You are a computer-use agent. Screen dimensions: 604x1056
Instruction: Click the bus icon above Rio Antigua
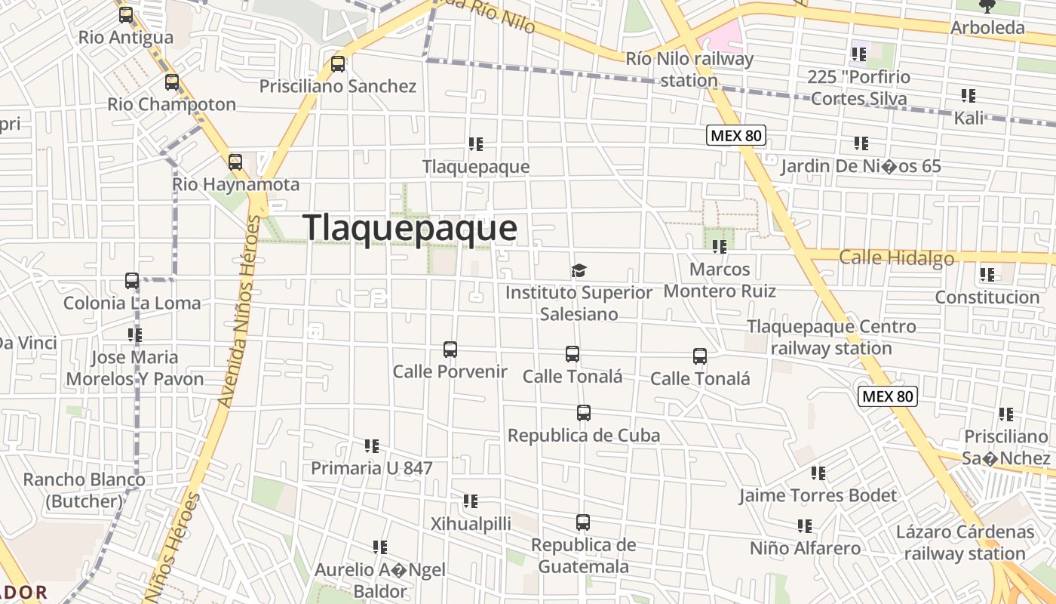point(126,14)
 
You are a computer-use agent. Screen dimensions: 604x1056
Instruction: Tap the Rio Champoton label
point(172,104)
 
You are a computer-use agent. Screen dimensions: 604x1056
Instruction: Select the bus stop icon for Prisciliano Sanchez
point(338,64)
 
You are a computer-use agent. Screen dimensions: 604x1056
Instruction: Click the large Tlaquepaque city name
point(410,228)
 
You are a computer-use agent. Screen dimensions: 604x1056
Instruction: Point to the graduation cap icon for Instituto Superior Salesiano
point(579,270)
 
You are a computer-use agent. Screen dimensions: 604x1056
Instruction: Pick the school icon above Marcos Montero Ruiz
point(720,246)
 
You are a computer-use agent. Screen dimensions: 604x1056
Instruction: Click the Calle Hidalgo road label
point(896,258)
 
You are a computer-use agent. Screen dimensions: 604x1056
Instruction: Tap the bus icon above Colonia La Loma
point(132,281)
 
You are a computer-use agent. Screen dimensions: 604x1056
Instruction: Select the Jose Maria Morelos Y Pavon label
point(135,368)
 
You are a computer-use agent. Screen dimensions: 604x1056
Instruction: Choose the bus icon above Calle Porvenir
point(450,350)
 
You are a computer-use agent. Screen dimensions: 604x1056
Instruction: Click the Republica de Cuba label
point(584,436)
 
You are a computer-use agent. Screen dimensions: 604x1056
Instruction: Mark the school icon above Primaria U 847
point(372,446)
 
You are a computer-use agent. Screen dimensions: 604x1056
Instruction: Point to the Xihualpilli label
point(471,523)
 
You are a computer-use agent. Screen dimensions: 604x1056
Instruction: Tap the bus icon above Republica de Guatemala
point(583,522)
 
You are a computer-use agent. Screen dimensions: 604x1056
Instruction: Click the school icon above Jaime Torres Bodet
point(818,473)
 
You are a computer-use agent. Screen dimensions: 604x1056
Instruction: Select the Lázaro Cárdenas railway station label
point(965,542)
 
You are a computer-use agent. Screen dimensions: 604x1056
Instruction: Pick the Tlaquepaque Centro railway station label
point(831,337)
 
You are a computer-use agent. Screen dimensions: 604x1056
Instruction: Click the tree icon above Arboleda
point(987,7)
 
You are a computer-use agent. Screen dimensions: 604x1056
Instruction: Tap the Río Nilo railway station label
point(689,69)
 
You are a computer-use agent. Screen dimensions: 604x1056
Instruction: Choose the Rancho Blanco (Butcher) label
point(84,490)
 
